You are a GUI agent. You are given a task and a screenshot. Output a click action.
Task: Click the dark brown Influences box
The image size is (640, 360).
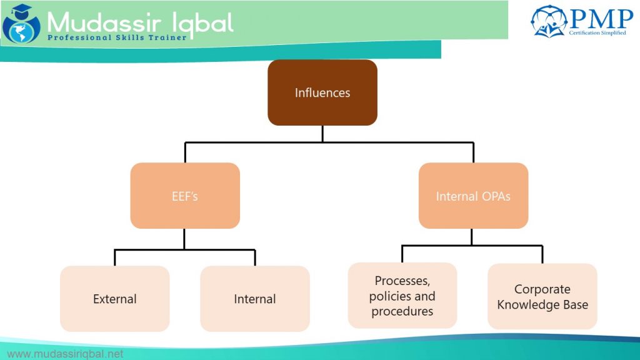tap(322, 92)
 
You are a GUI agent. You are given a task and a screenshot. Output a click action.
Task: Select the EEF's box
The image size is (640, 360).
tap(185, 196)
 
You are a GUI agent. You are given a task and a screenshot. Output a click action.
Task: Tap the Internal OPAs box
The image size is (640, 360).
tap(474, 196)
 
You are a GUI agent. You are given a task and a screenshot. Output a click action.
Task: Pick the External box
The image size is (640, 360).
tap(115, 299)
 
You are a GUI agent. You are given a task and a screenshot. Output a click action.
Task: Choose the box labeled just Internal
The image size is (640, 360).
tap(255, 299)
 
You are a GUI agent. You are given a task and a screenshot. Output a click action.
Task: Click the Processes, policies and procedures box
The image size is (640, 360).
tap(402, 296)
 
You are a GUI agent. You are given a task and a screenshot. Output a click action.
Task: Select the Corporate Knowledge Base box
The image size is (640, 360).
tap(542, 296)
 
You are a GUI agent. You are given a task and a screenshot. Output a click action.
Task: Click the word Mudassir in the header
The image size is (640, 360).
tap(103, 22)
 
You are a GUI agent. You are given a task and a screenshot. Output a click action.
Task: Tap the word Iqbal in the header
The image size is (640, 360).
tap(203, 24)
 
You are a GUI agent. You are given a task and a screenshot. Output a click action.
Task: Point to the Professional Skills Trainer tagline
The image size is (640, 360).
tap(117, 37)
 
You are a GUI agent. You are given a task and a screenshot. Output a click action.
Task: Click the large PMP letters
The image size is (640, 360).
tap(602, 19)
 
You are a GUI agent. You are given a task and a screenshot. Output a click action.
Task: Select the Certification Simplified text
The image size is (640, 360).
tap(597, 32)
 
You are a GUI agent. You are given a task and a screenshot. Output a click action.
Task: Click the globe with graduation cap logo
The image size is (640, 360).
tap(21, 24)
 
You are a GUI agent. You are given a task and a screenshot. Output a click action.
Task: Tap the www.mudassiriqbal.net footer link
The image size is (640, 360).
tap(65, 354)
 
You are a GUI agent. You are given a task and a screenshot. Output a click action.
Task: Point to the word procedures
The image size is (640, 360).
tap(402, 311)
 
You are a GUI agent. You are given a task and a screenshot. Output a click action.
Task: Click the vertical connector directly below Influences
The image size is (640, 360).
tap(322, 134)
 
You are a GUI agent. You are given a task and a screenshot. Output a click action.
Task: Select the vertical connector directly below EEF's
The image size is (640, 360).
tap(184, 239)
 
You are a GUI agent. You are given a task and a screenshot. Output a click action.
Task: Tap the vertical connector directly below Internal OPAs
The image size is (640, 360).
tap(472, 237)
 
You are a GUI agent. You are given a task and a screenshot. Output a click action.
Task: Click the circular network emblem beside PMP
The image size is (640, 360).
tap(549, 21)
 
